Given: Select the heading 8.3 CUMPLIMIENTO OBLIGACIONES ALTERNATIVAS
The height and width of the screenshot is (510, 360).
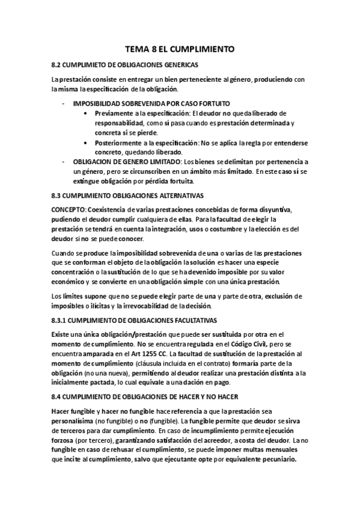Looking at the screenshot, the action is (128, 195).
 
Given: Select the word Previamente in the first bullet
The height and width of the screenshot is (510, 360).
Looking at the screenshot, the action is (114, 113).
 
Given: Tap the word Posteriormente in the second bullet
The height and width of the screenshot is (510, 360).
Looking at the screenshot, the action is (118, 143).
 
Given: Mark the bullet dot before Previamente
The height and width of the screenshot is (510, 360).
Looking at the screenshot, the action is (88, 113).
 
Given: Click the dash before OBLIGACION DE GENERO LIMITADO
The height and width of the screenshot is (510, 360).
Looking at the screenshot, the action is (64, 162).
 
